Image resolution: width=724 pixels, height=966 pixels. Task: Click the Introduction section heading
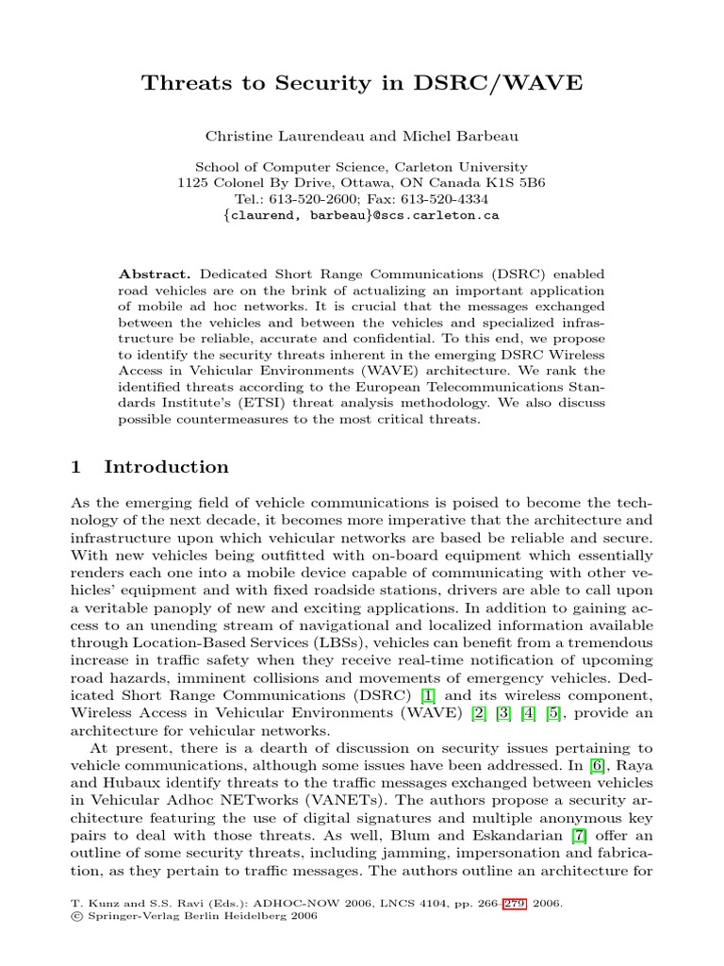coord(166,467)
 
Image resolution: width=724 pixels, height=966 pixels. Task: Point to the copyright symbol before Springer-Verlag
coord(76,916)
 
